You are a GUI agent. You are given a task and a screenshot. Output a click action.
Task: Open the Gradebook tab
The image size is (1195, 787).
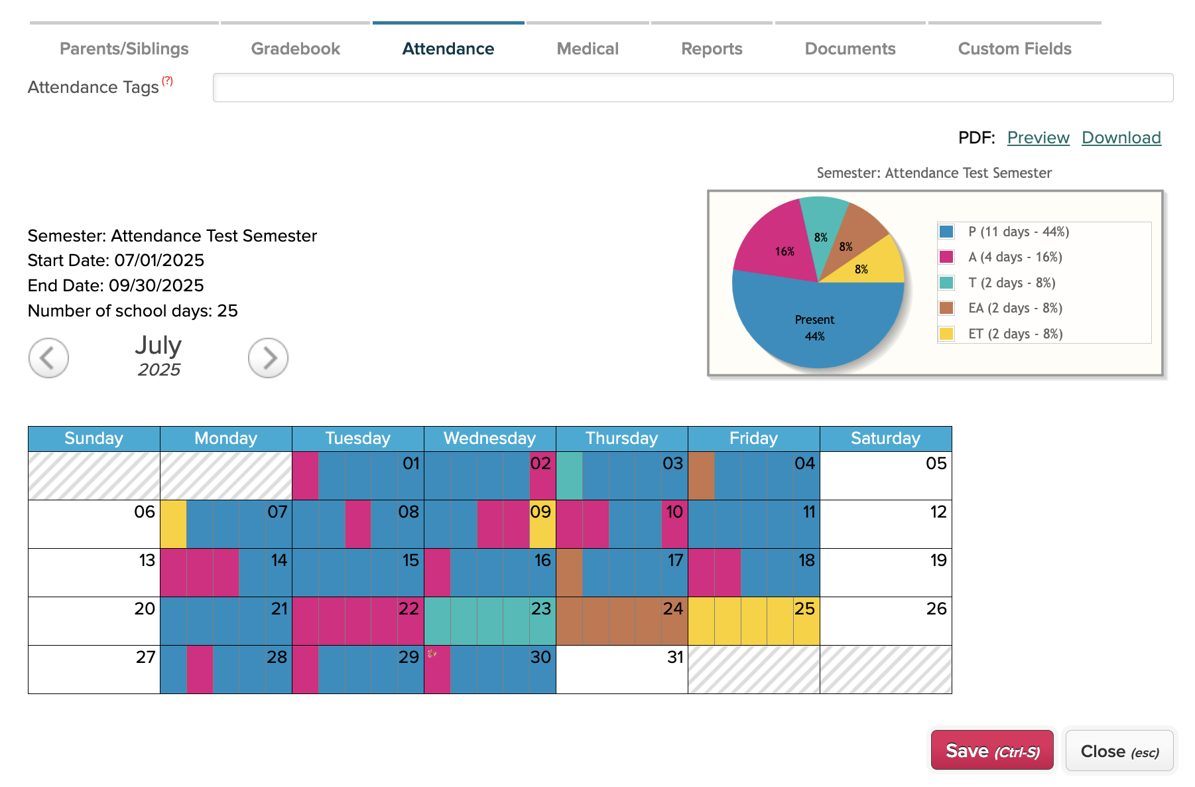pyautogui.click(x=295, y=48)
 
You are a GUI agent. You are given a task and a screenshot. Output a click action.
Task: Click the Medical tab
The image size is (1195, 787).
pyautogui.click(x=588, y=48)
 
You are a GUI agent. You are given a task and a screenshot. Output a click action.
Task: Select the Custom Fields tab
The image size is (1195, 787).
pyautogui.click(x=1015, y=48)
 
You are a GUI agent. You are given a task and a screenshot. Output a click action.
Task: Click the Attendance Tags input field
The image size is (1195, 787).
pyautogui.click(x=693, y=88)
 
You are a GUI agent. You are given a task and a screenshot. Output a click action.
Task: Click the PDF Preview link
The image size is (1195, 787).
pyautogui.click(x=1038, y=137)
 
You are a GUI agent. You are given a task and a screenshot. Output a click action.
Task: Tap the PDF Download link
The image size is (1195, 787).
pyautogui.click(x=1121, y=137)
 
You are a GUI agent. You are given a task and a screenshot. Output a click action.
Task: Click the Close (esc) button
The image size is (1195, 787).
pyautogui.click(x=1119, y=751)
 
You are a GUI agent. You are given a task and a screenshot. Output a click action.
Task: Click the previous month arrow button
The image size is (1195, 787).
pyautogui.click(x=48, y=358)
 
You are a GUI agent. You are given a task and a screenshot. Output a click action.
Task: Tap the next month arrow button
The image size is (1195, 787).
pyautogui.click(x=268, y=358)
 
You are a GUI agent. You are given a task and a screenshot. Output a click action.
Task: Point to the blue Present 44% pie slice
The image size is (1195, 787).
pyautogui.click(x=815, y=325)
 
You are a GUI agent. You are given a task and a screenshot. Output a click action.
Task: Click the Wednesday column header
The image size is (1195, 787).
pyautogui.click(x=489, y=439)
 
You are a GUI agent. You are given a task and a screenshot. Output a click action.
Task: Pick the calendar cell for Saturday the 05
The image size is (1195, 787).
pyautogui.click(x=886, y=476)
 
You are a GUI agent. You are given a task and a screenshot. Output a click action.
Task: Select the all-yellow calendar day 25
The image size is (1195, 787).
pyautogui.click(x=754, y=621)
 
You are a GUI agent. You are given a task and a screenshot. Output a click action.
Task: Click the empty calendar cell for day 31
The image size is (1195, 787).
pyautogui.click(x=622, y=670)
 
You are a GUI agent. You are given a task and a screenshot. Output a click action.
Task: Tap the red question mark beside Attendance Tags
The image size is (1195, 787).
pyautogui.click(x=168, y=81)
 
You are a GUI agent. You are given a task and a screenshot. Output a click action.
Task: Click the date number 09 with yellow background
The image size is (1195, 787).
pyautogui.click(x=540, y=512)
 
